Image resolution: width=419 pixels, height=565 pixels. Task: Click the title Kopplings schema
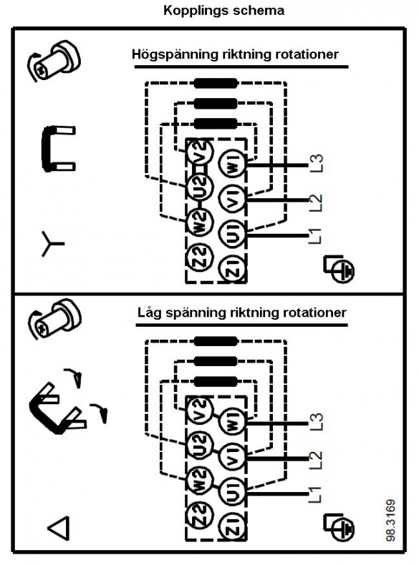click(223, 11)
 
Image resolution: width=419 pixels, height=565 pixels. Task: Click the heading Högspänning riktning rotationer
click(236, 55)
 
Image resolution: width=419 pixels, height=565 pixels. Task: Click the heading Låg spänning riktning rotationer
click(242, 313)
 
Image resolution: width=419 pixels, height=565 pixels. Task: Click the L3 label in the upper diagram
click(316, 164)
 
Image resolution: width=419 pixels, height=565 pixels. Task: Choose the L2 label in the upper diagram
click(315, 202)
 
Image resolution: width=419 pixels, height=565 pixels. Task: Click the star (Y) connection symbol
click(52, 244)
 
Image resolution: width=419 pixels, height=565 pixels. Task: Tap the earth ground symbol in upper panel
click(339, 269)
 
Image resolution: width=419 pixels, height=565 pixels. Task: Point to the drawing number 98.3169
click(391, 520)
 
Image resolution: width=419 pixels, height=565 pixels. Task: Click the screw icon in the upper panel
click(54, 62)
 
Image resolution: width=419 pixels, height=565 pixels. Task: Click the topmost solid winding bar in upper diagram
click(216, 84)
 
